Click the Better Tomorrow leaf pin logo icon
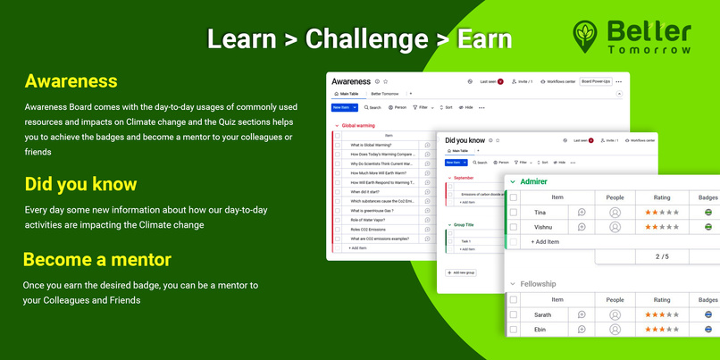pyautogui.click(x=587, y=35)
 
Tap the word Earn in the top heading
pyautogui.click(x=484, y=39)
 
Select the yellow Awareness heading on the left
pyautogui.click(x=71, y=81)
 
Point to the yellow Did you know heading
pyautogui.click(x=80, y=184)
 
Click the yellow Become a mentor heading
pyautogui.click(x=96, y=259)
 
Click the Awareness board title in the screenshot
pyautogui.click(x=350, y=81)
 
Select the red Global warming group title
pyautogui.click(x=358, y=126)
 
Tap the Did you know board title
pyautogui.click(x=465, y=140)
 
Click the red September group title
pyautogui.click(x=464, y=178)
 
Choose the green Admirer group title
pyautogui.click(x=533, y=181)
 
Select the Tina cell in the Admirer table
pyautogui.click(x=540, y=212)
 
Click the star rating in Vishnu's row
pyautogui.click(x=662, y=227)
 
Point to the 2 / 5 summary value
pyautogui.click(x=662, y=256)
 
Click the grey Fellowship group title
pyautogui.click(x=538, y=283)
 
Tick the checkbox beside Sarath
pyautogui.click(x=513, y=314)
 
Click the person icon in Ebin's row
pyautogui.click(x=615, y=329)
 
